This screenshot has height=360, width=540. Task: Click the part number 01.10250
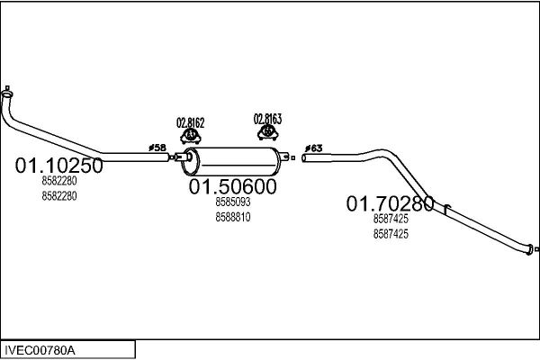[x=58, y=166]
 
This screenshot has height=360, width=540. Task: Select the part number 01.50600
[x=232, y=186]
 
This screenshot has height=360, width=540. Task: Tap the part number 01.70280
[x=390, y=203]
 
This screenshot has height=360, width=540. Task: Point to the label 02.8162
[x=191, y=123]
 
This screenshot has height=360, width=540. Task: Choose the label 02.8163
[x=267, y=119]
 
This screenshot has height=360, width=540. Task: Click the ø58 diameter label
[x=157, y=148]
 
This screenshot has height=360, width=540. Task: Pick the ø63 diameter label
[x=313, y=148]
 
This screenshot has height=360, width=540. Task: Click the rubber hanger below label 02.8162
[x=191, y=136]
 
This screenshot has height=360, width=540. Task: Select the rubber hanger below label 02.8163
[x=267, y=132]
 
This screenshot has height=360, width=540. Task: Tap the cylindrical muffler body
[x=231, y=162]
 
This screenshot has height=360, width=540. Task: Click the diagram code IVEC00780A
[x=40, y=351]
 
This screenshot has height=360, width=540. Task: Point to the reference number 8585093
[x=233, y=202]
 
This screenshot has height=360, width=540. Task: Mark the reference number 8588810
[x=233, y=218]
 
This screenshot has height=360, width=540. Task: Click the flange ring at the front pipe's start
[x=7, y=94]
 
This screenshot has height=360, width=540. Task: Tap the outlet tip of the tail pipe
[x=529, y=249]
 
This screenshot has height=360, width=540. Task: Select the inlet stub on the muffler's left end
[x=183, y=157]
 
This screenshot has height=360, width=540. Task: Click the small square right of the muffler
[x=293, y=157]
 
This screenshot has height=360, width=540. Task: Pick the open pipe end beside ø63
[x=304, y=158]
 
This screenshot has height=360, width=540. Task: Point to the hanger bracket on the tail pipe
[x=446, y=209]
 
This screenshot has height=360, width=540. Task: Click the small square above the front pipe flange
[x=7, y=88]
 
